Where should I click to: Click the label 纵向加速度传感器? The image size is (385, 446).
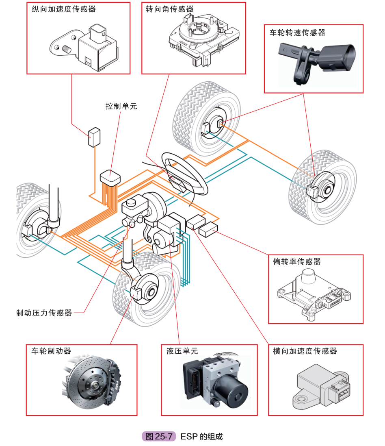[64, 9]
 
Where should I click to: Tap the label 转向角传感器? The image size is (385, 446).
[170, 9]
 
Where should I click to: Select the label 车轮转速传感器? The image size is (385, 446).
[298, 33]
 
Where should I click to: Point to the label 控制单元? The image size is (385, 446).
[121, 106]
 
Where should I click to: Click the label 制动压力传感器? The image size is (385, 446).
[44, 313]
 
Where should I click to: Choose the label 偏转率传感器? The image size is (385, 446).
[297, 261]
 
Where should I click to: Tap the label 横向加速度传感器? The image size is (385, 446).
[305, 351]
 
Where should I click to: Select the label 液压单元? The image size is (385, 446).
[182, 351]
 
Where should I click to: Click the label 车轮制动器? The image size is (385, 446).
[51, 351]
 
